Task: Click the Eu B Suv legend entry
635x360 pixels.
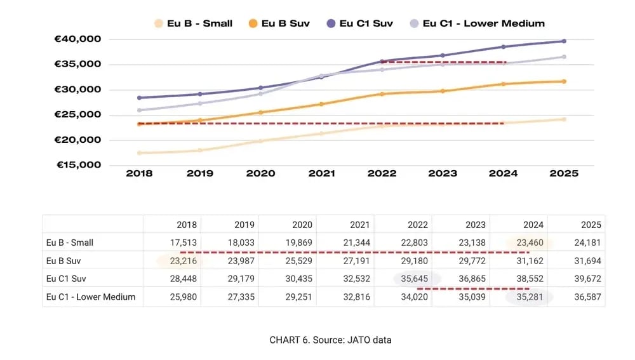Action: point(279,23)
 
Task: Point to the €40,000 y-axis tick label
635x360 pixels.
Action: point(78,39)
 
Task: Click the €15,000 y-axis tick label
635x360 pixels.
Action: point(78,165)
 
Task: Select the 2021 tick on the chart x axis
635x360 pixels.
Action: point(321,173)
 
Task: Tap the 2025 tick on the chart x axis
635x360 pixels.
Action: point(563,173)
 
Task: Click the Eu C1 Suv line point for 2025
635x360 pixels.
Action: point(563,41)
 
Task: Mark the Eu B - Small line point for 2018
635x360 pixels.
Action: point(139,153)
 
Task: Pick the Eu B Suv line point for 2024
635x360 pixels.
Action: point(503,84)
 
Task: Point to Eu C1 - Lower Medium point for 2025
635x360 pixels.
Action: point(563,57)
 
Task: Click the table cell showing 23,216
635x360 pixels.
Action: point(184,261)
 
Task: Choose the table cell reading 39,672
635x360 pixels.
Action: point(587,279)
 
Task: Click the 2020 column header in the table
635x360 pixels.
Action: point(298,225)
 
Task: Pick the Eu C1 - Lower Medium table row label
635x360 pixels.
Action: point(91,297)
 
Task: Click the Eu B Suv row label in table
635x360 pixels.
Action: point(64,261)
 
